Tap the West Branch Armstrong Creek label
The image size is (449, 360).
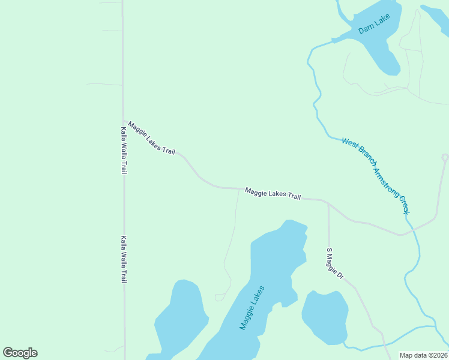coord(375,176)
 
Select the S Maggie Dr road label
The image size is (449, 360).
coord(334,264)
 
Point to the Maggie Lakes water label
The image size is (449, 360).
coord(252,307)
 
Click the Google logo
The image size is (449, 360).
coord(20,353)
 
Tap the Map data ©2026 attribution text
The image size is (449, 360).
coord(423,355)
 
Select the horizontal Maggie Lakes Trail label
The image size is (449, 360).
coord(273,194)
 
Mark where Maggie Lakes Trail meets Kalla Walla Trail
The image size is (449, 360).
coord(124,120)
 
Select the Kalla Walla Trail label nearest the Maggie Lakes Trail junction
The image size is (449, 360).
coord(124,150)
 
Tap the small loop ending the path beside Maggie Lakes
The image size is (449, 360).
coord(220,297)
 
